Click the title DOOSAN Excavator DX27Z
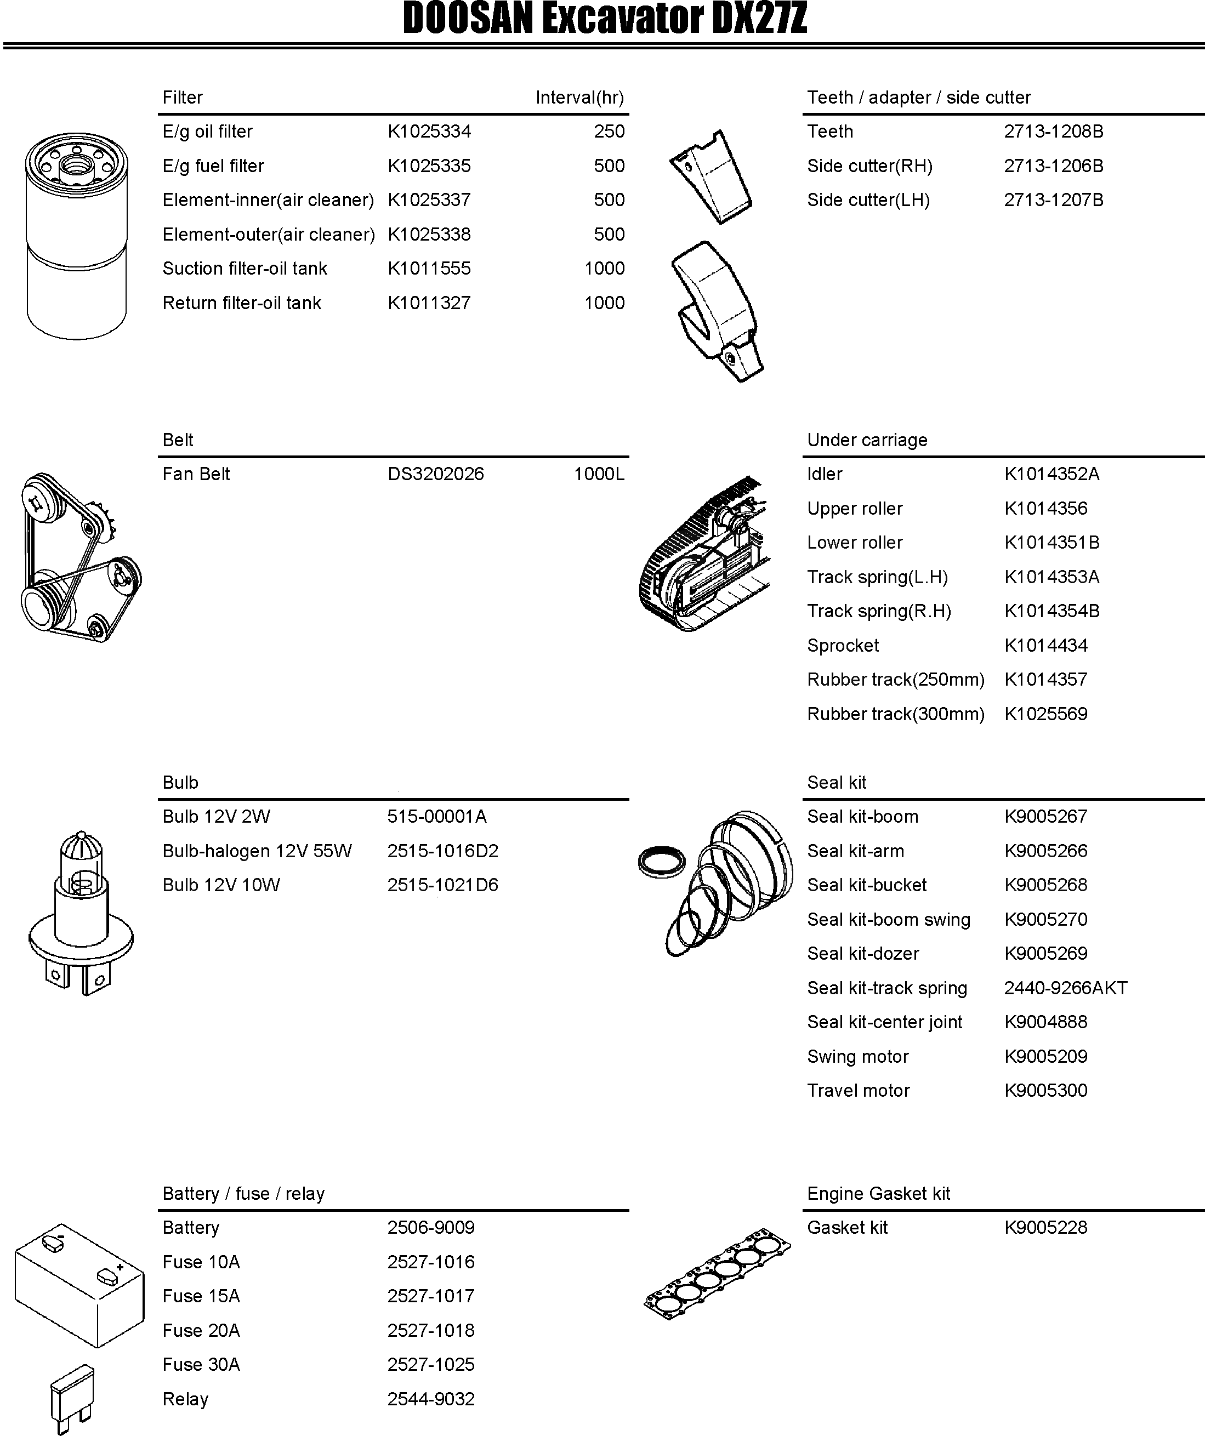tap(605, 19)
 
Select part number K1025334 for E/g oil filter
tap(429, 132)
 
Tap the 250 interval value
tap(609, 132)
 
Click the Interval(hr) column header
tap(579, 97)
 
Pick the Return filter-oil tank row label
tap(241, 303)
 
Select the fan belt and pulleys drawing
tap(78, 557)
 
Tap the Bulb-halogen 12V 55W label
tap(257, 851)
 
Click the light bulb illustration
tap(81, 913)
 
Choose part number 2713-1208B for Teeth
tap(1053, 132)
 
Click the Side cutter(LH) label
tap(868, 201)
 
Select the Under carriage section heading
tap(867, 440)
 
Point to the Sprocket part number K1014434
tap(1045, 645)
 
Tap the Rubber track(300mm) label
tap(895, 714)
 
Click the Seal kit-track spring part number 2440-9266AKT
tap(1065, 988)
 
